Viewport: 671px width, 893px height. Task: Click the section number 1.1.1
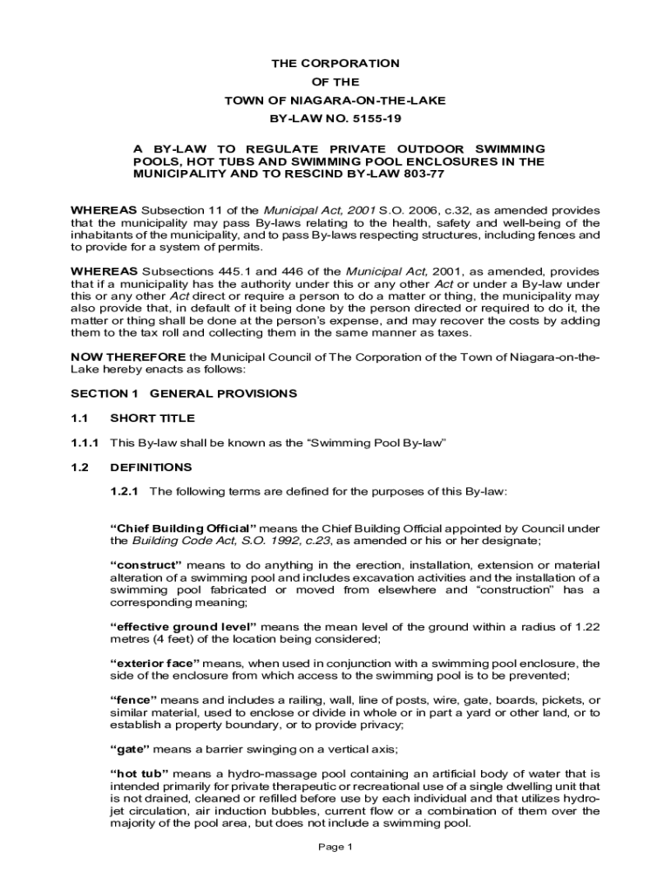[x=85, y=442]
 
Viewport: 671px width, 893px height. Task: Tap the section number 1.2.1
[x=125, y=491]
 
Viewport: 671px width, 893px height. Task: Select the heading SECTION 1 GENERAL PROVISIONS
[x=184, y=393]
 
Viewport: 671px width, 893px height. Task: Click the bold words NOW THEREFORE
[x=128, y=357]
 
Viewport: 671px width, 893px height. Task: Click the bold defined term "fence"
[x=133, y=700]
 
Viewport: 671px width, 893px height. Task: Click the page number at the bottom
[x=335, y=847]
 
